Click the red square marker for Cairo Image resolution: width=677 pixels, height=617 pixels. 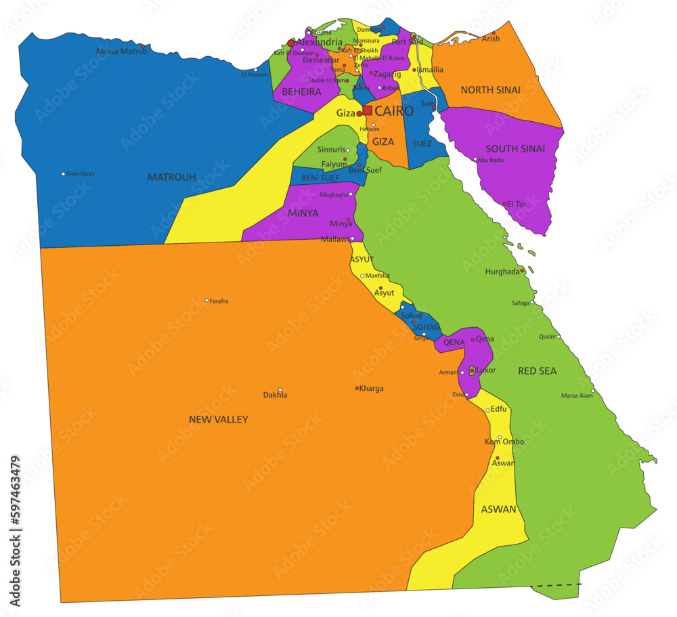click(367, 110)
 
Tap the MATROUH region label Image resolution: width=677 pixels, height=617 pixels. click(171, 177)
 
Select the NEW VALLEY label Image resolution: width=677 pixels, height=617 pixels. click(218, 420)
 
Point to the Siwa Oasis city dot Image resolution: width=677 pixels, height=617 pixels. click(64, 174)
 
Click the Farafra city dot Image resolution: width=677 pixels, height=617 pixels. click(207, 300)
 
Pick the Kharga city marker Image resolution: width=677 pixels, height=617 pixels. click(357, 388)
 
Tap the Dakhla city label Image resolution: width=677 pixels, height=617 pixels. click(275, 396)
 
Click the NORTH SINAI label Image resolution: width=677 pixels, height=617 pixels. click(490, 90)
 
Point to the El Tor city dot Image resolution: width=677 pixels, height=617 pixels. click(504, 203)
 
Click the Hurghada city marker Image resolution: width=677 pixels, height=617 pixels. click(522, 271)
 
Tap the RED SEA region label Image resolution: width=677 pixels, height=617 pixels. click(537, 371)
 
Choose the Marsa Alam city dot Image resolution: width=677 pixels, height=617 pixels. click(593, 391)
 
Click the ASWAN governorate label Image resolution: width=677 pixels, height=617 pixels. click(498, 509)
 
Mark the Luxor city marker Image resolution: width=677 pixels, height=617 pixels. click(472, 370)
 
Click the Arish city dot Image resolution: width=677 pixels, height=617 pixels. click(494, 33)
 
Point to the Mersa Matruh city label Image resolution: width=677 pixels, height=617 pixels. click(121, 51)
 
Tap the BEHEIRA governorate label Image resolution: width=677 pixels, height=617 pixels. click(301, 92)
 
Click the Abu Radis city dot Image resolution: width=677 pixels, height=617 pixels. click(475, 160)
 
